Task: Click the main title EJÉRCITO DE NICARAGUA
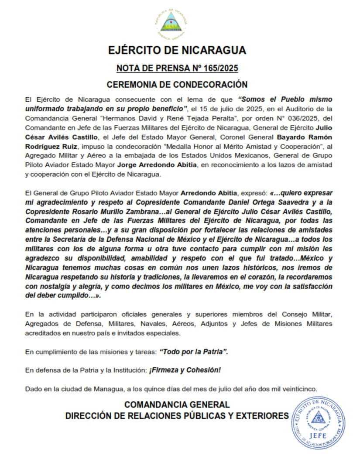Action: click(x=177, y=50)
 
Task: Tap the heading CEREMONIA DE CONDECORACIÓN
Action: click(x=177, y=85)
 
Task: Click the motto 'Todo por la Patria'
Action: click(x=194, y=352)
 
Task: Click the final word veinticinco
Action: click(x=299, y=389)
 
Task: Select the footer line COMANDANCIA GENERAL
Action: click(x=177, y=404)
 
